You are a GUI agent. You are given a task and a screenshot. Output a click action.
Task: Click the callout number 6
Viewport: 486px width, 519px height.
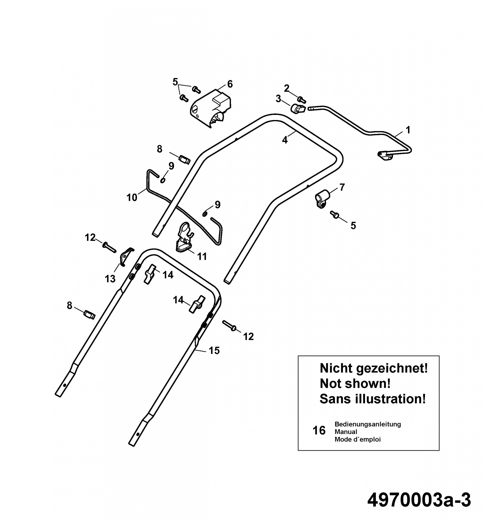pyautogui.click(x=230, y=84)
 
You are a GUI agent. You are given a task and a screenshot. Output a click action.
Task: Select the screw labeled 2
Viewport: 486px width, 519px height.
pyautogui.click(x=302, y=100)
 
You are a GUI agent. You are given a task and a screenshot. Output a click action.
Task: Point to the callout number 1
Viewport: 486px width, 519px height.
pyautogui.click(x=408, y=130)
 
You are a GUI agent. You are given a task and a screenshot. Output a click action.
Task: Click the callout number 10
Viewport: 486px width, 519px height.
pyautogui.click(x=132, y=197)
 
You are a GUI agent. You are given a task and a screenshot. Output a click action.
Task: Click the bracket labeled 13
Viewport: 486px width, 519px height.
pyautogui.click(x=126, y=257)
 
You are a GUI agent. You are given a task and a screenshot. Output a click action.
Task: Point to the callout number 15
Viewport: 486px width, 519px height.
pyautogui.click(x=214, y=350)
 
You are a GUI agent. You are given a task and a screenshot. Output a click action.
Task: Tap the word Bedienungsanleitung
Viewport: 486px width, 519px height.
pyautogui.click(x=368, y=424)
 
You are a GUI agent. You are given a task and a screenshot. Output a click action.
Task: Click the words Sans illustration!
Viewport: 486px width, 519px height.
pyautogui.click(x=372, y=399)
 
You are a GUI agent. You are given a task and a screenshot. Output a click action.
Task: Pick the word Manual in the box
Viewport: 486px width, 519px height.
pyautogui.click(x=346, y=432)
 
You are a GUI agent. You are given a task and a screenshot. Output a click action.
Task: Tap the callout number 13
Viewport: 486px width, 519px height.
pyautogui.click(x=110, y=279)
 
